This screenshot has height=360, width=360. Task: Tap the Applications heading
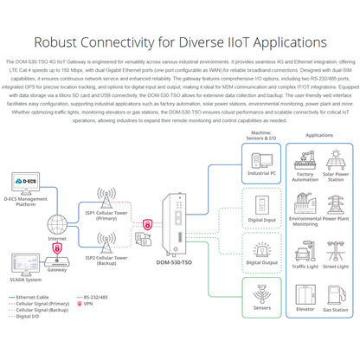point(320,136)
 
